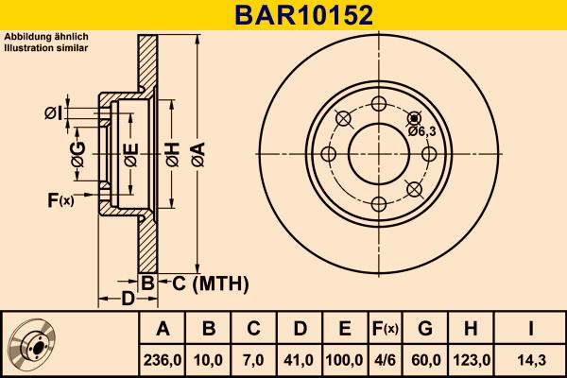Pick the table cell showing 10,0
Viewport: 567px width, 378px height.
[x=209, y=360]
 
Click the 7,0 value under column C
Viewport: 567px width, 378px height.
[x=253, y=360]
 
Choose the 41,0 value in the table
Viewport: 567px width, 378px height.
[x=299, y=360]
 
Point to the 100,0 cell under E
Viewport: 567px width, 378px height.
[x=344, y=360]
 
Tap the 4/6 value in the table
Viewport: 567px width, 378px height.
[x=385, y=360]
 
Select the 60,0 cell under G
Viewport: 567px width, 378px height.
[x=425, y=360]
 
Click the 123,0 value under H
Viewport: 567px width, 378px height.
[x=470, y=360]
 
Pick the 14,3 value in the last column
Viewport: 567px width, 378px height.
[x=530, y=360]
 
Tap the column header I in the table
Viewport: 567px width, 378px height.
[x=530, y=329]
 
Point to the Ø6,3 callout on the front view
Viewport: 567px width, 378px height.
[x=421, y=131]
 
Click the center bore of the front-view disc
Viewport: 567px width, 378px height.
[x=378, y=153]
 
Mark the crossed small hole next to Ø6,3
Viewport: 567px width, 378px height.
[x=413, y=118]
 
